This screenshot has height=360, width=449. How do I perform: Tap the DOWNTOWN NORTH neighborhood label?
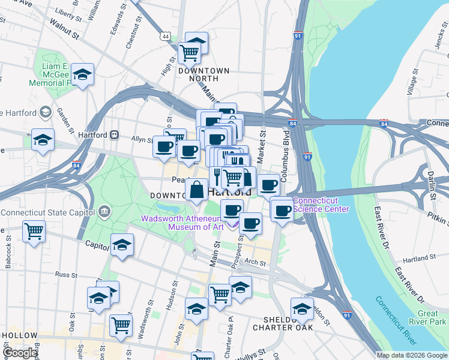pyautogui.click(x=204, y=74)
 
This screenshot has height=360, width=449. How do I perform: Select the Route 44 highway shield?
pyautogui.click(x=165, y=37)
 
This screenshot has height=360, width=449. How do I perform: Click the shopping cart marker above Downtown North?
pyautogui.click(x=190, y=53)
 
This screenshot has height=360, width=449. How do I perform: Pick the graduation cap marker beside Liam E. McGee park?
pyautogui.click(x=83, y=75)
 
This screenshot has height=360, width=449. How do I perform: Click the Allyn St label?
pyautogui.click(x=143, y=139)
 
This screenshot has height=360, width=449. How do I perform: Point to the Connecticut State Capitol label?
pyautogui.click(x=49, y=212)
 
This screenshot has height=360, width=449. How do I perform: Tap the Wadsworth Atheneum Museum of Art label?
pyautogui.click(x=182, y=223)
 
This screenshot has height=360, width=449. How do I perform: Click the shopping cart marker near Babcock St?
pyautogui.click(x=34, y=230)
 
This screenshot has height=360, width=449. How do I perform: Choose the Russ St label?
pyautogui.click(x=63, y=274)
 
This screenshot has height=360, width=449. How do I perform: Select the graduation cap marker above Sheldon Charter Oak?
pyautogui.click(x=302, y=309)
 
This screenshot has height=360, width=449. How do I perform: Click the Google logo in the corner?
pyautogui.click(x=20, y=353)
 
